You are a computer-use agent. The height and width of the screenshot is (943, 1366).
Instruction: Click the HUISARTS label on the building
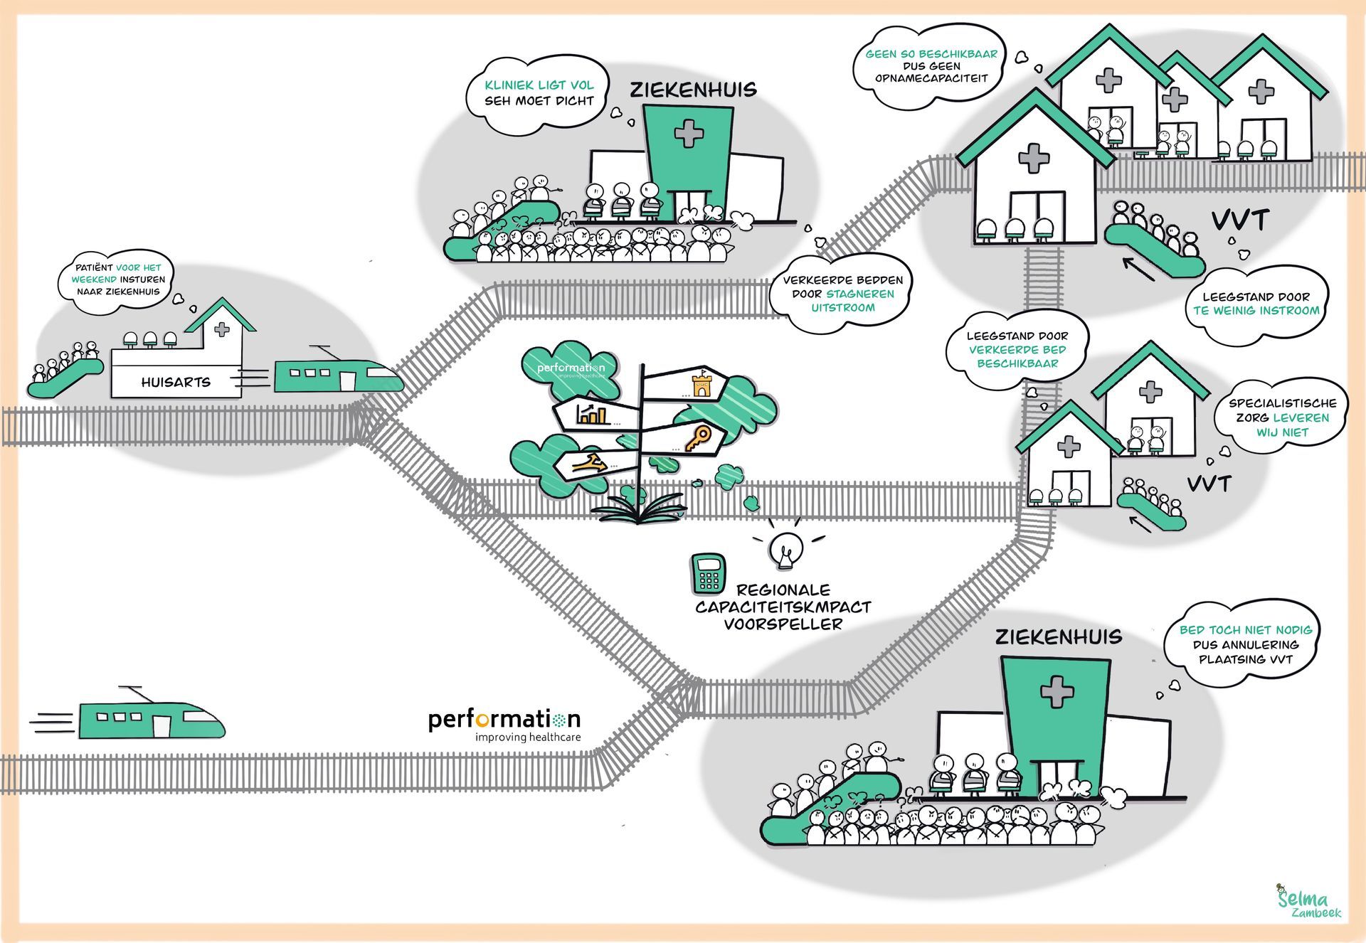point(176,382)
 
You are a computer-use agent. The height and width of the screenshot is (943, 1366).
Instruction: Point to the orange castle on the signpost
point(701,384)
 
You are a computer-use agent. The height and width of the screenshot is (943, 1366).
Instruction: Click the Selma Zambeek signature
point(1308,901)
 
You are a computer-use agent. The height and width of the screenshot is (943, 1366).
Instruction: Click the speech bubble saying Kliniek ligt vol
point(539,94)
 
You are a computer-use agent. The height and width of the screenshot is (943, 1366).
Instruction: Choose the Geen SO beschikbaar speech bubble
point(931,66)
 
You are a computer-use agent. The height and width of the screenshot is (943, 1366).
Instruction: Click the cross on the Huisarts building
point(222,329)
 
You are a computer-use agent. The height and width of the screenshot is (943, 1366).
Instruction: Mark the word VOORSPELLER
point(783,624)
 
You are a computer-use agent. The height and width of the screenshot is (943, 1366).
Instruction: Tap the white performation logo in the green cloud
point(571,368)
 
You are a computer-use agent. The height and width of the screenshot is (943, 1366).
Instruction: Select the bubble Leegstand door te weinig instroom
point(1256,304)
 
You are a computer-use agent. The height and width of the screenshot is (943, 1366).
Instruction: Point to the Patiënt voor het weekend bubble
point(118,279)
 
